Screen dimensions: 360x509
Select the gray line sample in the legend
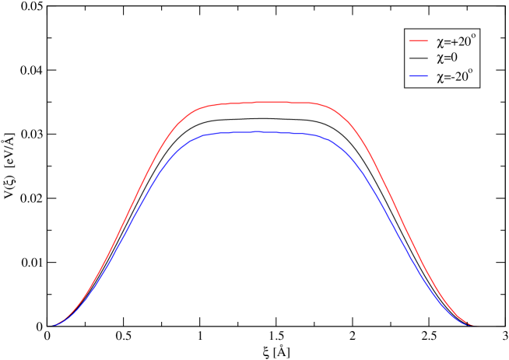pos(419,59)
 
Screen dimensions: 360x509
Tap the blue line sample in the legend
pos(419,77)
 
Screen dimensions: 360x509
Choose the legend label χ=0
pos(448,59)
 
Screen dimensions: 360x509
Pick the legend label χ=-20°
pos(454,77)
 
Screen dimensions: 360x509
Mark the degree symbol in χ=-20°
pos(470,72)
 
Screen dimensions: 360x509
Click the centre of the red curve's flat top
pos(265,102)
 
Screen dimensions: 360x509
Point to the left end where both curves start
pos(54,325)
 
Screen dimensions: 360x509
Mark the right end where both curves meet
pos(473,325)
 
